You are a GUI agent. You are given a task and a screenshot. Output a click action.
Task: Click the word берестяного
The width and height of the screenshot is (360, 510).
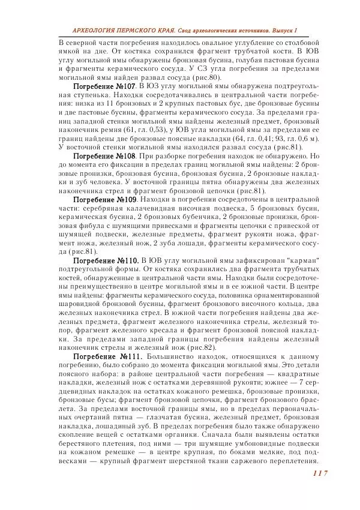[x=85, y=443]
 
